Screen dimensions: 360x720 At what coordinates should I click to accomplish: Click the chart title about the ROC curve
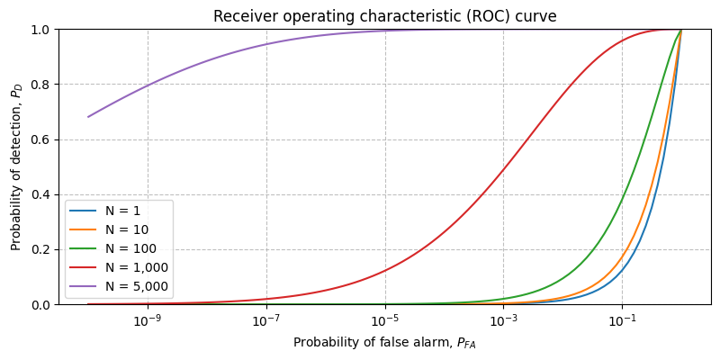click(x=384, y=16)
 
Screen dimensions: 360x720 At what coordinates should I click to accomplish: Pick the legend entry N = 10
click(x=126, y=229)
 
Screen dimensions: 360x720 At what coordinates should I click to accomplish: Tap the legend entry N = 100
click(x=130, y=248)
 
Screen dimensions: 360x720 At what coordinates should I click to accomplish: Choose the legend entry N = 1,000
click(x=136, y=267)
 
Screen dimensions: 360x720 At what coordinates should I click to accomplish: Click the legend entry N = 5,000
click(x=136, y=286)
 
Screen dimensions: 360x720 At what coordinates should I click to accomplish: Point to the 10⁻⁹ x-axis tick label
click(x=148, y=321)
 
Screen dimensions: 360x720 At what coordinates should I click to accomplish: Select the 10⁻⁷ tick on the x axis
click(x=266, y=321)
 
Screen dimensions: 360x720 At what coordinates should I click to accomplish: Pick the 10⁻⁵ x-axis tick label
click(x=385, y=321)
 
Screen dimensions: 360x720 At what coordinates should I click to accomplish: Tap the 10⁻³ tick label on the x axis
click(x=504, y=321)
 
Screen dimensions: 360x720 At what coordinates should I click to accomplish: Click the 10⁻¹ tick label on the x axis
click(x=622, y=321)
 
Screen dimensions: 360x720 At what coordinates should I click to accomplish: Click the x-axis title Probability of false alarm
click(x=384, y=342)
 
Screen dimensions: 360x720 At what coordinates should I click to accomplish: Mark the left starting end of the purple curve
click(x=88, y=117)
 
